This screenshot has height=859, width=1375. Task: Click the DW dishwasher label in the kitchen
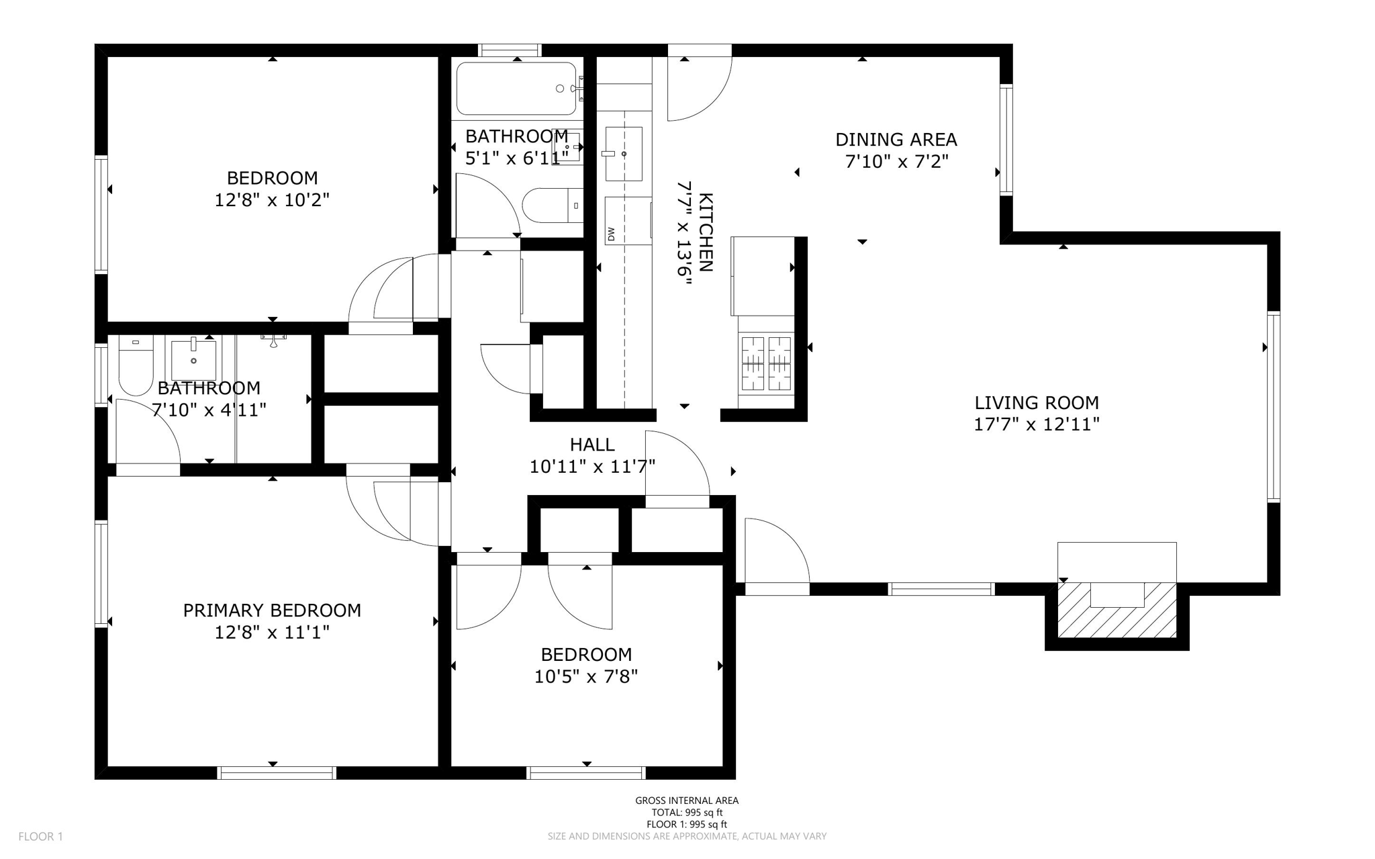(x=611, y=234)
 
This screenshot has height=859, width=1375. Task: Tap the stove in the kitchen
(x=766, y=363)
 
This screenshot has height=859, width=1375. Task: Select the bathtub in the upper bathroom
(x=516, y=89)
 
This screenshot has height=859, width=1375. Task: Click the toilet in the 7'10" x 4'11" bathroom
(x=136, y=365)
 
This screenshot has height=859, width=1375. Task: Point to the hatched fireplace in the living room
(x=1117, y=610)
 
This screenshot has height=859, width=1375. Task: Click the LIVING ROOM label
(x=1037, y=403)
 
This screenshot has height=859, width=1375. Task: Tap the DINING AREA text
(x=896, y=140)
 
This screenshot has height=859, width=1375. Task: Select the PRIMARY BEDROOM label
(x=272, y=611)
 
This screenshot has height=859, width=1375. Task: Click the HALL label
(x=592, y=445)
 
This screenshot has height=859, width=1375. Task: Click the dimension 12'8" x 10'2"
(x=272, y=200)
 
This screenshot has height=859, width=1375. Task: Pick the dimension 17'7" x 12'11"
(x=1037, y=424)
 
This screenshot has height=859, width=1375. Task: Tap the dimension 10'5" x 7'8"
(x=586, y=676)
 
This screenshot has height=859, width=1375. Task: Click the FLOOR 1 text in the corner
(x=40, y=837)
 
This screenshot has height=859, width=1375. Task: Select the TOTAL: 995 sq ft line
(x=687, y=813)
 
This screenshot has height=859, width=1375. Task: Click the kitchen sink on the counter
(x=624, y=154)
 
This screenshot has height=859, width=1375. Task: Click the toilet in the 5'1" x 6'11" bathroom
(x=553, y=206)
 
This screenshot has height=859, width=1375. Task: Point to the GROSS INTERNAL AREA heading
(x=687, y=801)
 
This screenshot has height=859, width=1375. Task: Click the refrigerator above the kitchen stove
(x=763, y=276)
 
